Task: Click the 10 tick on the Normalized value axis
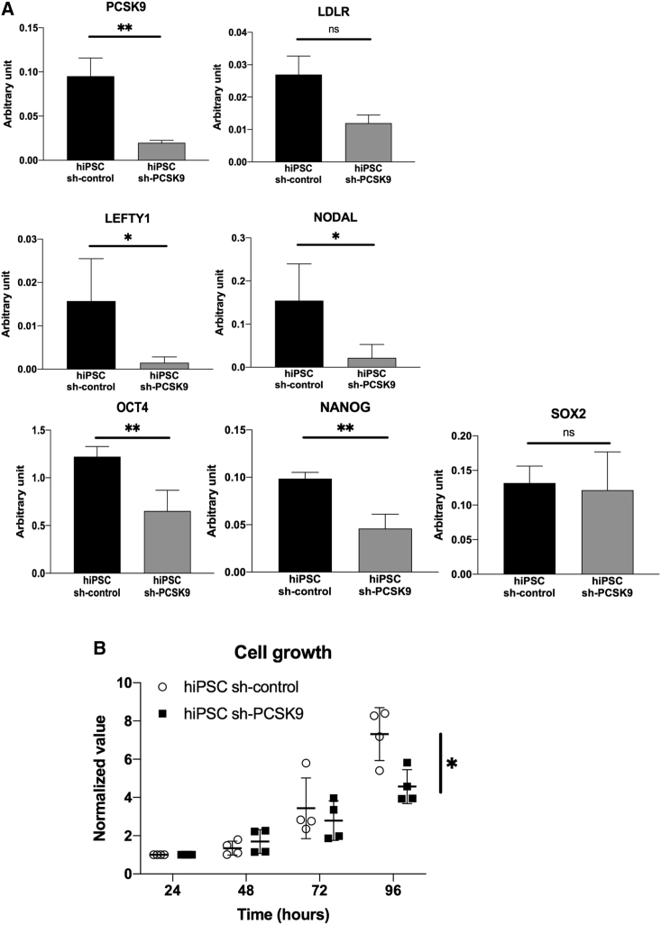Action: point(127,683)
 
